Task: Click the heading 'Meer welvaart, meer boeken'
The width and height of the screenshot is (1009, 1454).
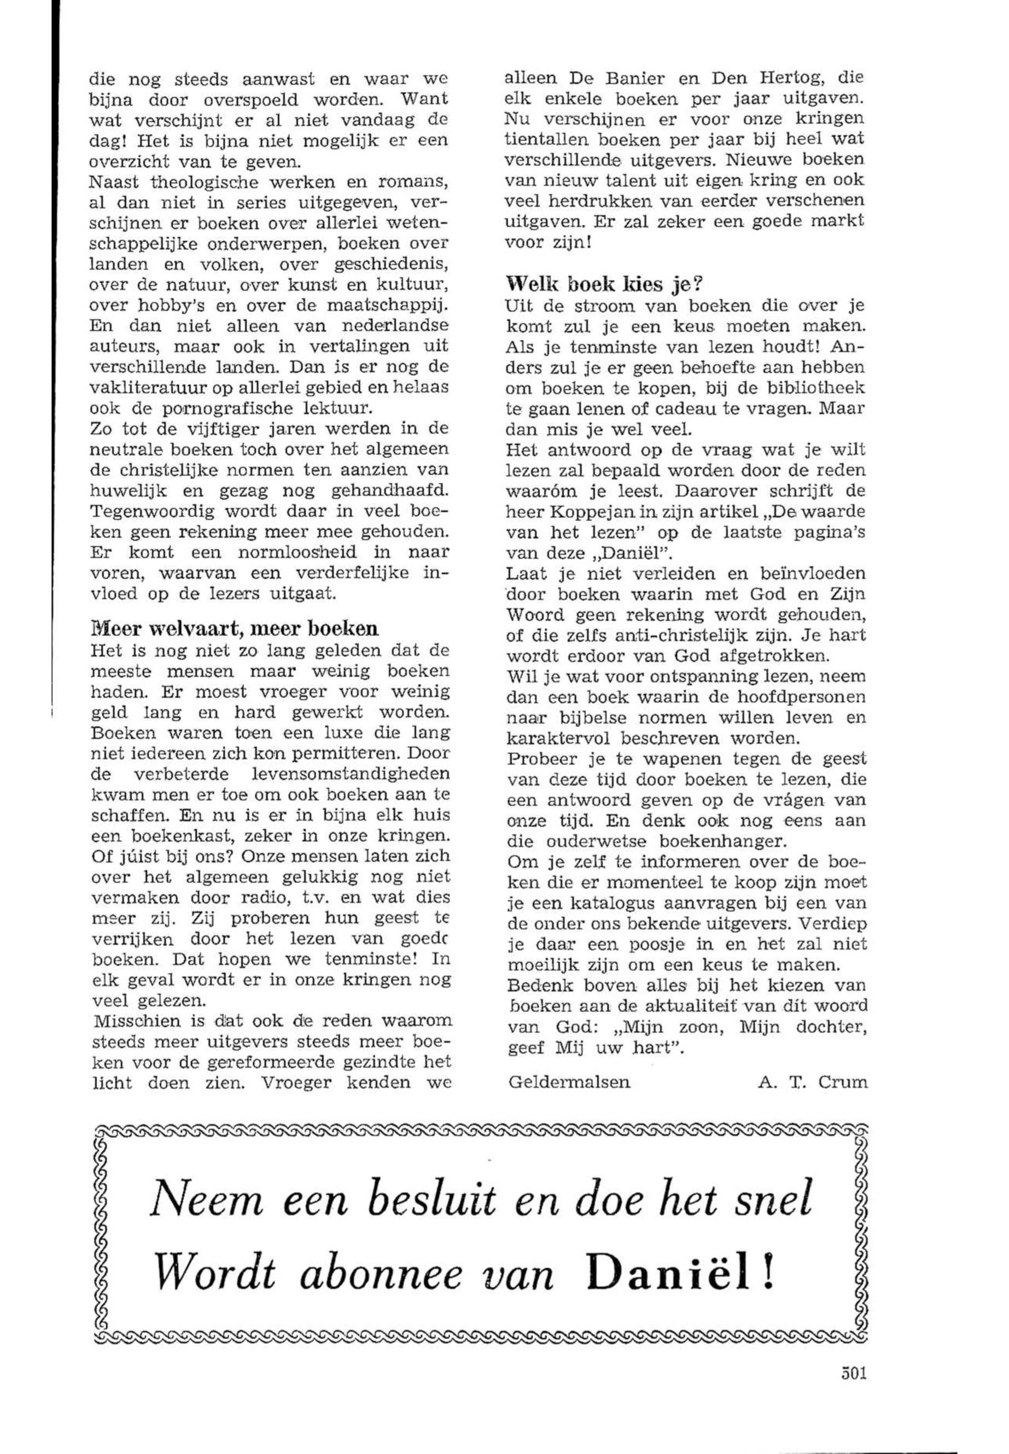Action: tap(235, 629)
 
